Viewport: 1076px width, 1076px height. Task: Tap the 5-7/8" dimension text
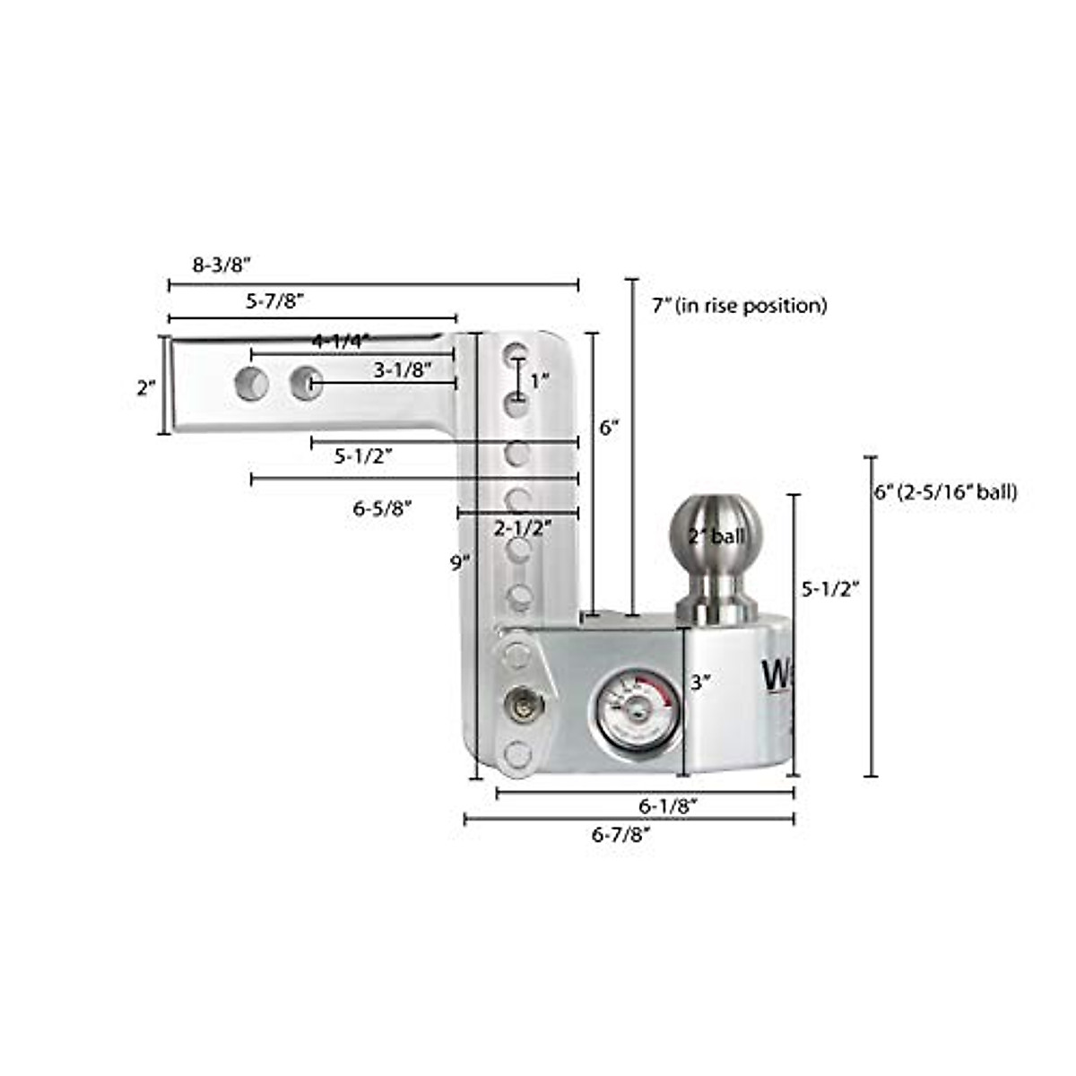tap(277, 302)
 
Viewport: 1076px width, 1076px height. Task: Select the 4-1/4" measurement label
tap(341, 341)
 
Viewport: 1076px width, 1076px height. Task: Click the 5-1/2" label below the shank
tap(364, 456)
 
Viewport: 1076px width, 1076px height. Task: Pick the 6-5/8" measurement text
tap(382, 508)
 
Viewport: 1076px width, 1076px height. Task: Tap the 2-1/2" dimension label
tap(523, 528)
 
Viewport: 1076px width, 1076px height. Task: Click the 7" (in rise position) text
tap(740, 306)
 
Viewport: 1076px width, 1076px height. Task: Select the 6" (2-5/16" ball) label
tap(946, 491)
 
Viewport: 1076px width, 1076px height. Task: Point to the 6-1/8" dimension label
tap(669, 806)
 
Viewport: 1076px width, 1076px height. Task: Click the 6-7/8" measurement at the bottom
tap(621, 834)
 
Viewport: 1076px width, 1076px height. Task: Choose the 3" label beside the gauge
tap(700, 681)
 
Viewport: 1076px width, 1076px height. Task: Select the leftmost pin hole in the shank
tap(252, 385)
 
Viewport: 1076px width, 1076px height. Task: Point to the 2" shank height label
tap(146, 388)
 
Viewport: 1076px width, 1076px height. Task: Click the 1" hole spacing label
tap(539, 381)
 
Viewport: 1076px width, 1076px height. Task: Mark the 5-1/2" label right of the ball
tap(829, 588)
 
